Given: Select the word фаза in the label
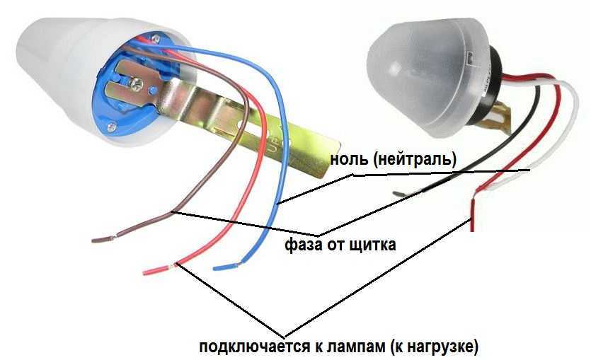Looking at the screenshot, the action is pos(302,245).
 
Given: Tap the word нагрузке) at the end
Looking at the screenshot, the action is pos(444,347).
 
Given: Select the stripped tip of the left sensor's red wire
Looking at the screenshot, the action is pos(154,270).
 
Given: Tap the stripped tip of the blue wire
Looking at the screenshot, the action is pos(225,267).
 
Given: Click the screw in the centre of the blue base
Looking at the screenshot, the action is pos(136,83).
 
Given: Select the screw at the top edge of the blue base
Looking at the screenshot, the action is pos(156,38).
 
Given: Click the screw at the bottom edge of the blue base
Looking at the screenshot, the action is pos(111,127).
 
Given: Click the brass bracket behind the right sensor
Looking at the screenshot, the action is pos(500,115).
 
